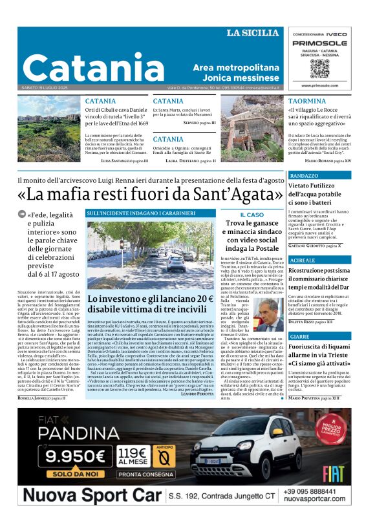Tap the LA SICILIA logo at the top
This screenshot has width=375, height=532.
coord(253,33)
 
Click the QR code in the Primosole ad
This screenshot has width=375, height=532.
coord(319,69)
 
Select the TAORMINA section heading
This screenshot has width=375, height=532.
coord(307,101)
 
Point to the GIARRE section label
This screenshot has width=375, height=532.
coord(300,337)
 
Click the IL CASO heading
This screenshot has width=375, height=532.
coord(252,214)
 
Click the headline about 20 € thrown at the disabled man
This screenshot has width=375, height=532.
coord(150,304)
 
